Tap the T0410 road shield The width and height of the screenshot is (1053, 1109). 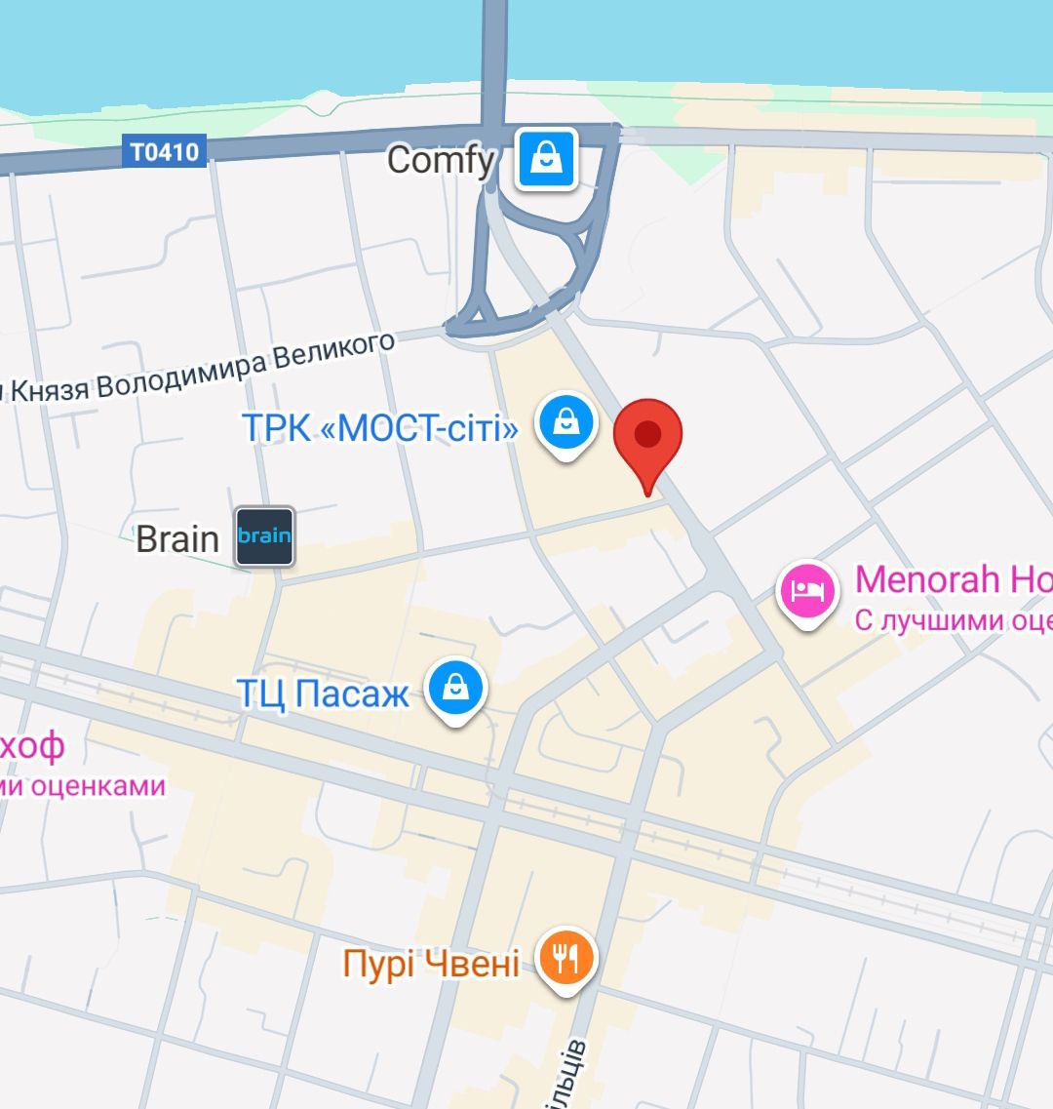(164, 152)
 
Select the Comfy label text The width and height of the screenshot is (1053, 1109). (441, 160)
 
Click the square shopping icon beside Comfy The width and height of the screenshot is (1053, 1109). (547, 159)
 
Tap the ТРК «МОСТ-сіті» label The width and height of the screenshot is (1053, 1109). (380, 427)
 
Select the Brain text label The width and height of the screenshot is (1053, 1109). (177, 538)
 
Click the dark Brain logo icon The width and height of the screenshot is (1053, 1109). (264, 535)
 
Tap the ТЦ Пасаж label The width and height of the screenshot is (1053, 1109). (324, 693)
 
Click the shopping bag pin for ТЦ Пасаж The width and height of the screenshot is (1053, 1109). (455, 689)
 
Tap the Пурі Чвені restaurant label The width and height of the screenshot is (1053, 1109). (431, 964)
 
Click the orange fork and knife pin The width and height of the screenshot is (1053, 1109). (566, 958)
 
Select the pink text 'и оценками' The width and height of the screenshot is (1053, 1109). (83, 785)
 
